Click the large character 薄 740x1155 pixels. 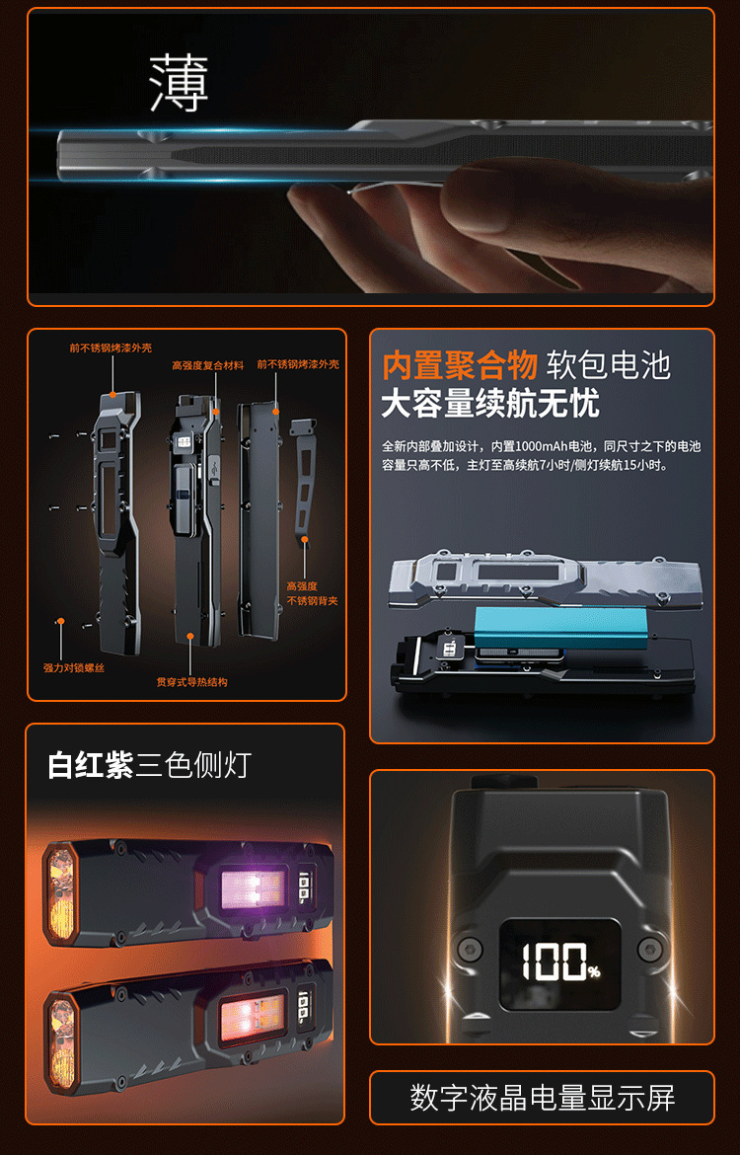pos(179,83)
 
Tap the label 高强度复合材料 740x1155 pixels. pos(207,365)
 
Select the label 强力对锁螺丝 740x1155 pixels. pos(74,668)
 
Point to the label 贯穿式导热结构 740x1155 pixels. pos(191,682)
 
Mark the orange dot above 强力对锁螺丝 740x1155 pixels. pos(61,622)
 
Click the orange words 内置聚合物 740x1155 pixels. pos(460,365)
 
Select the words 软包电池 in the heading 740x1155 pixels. pos(609,365)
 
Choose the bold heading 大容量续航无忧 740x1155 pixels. pos(489,403)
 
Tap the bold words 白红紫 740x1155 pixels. pos(91,765)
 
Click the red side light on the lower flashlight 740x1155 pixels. pos(253,1011)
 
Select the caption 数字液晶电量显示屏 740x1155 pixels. pos(542,1098)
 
